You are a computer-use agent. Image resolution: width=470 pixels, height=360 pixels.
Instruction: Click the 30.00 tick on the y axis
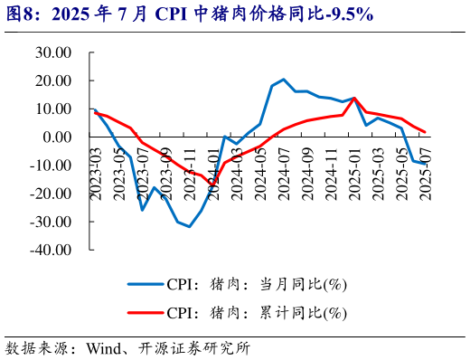[x=52, y=52]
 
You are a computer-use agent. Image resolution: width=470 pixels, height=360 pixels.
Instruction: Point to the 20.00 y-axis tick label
[x=52, y=81]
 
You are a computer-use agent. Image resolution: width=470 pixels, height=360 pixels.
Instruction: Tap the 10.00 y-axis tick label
[x=52, y=109]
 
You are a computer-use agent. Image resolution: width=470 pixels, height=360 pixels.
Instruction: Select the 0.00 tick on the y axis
[x=57, y=137]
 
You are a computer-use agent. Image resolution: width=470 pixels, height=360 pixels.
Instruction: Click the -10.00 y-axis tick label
[x=51, y=165]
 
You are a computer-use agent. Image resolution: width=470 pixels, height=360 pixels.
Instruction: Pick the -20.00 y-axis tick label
[x=51, y=193]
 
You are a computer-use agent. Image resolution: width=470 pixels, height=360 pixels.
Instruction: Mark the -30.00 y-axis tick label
[x=51, y=221]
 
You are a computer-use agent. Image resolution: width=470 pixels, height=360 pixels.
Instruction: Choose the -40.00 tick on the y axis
[x=51, y=249]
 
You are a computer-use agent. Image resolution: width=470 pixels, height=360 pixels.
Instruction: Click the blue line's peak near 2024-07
[x=284, y=80]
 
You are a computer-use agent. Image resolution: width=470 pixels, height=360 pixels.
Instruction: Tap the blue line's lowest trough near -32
[x=189, y=226]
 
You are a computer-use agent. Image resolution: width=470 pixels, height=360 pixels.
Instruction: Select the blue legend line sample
[x=144, y=284]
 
